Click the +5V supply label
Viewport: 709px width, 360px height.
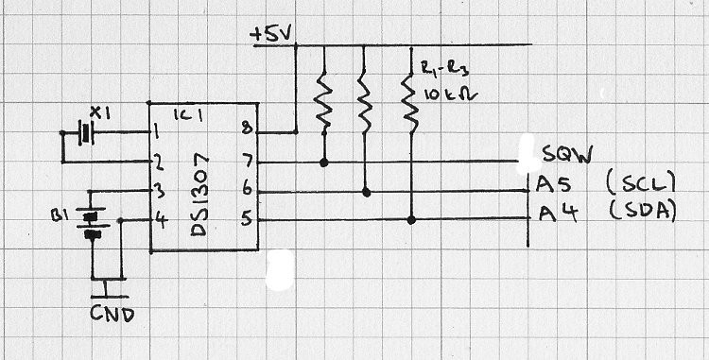tap(271, 35)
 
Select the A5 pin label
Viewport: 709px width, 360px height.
tap(551, 184)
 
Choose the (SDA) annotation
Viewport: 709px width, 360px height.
tap(642, 212)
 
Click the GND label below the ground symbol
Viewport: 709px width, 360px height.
tap(112, 314)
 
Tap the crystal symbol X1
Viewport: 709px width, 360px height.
tap(85, 133)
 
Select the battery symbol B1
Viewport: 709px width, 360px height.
tap(93, 224)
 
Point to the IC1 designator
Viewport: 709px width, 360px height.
tap(188, 116)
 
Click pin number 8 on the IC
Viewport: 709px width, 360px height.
tap(247, 129)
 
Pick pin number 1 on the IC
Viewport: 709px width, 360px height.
tap(156, 133)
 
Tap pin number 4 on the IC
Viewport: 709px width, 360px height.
tap(160, 221)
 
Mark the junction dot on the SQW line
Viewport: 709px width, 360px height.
tap(323, 163)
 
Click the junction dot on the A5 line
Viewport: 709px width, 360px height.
tap(367, 193)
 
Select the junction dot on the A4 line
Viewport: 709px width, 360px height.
tap(411, 220)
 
